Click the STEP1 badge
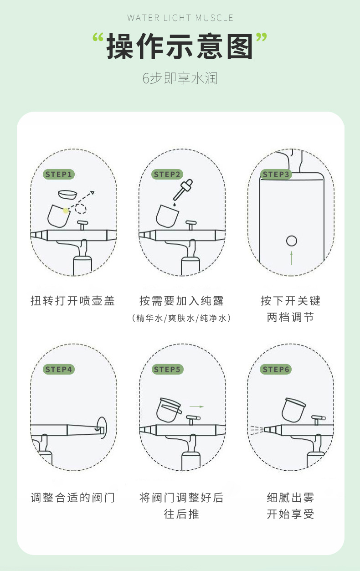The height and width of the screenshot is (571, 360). (x=59, y=174)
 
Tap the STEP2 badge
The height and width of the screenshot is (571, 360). (x=167, y=174)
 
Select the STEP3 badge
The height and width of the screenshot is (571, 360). (x=276, y=174)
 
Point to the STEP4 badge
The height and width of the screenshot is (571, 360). (x=59, y=369)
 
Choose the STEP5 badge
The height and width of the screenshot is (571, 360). (x=167, y=369)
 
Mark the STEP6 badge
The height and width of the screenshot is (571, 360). (x=276, y=369)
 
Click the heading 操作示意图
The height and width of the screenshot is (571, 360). (x=180, y=47)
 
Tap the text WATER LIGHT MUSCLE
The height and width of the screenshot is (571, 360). (x=180, y=18)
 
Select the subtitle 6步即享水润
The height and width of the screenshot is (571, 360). (x=180, y=78)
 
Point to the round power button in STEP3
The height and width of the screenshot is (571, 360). (x=292, y=241)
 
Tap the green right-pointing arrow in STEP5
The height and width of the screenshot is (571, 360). (x=196, y=406)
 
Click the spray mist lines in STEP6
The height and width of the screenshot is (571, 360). (x=257, y=429)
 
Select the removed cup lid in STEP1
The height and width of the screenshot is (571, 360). (x=67, y=194)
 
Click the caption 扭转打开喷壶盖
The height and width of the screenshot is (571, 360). (x=72, y=301)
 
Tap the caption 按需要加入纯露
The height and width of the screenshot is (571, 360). (x=181, y=301)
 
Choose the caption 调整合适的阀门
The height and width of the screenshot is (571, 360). (x=72, y=497)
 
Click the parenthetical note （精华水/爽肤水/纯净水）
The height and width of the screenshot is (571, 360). (x=181, y=318)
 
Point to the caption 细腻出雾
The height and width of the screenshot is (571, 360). (x=290, y=497)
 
